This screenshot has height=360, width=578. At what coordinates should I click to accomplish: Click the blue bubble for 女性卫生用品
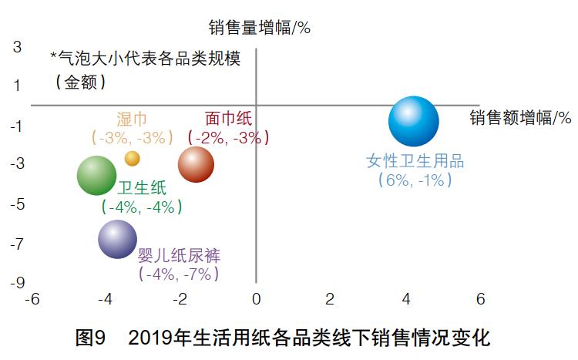pyautogui.click(x=414, y=122)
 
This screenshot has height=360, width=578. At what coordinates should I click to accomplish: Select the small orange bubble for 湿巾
pyautogui.click(x=133, y=158)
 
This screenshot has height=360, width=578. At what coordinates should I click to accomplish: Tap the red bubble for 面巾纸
pyautogui.click(x=196, y=163)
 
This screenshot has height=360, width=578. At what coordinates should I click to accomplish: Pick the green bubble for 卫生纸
pyautogui.click(x=97, y=175)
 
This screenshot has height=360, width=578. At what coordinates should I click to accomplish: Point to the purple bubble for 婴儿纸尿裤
pyautogui.click(x=118, y=239)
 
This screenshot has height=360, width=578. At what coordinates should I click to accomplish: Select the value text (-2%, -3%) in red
pyautogui.click(x=229, y=138)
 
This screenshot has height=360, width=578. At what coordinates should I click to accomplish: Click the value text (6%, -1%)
pyautogui.click(x=415, y=180)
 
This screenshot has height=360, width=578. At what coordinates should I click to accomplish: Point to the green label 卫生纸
pyautogui.click(x=141, y=188)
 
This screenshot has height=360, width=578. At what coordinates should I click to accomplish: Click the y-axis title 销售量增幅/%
pyautogui.click(x=259, y=29)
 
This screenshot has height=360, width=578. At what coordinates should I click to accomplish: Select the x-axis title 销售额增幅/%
pyautogui.click(x=520, y=118)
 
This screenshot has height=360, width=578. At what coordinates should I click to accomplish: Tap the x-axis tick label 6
pyautogui.click(x=479, y=299)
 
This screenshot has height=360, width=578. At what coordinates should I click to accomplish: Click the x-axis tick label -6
pyautogui.click(x=32, y=299)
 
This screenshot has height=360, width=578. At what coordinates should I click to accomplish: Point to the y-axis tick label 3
pyautogui.click(x=17, y=47)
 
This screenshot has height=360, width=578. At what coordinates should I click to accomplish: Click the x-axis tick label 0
pyautogui.click(x=256, y=299)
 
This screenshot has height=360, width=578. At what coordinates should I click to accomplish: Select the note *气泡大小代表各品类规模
pyautogui.click(x=145, y=59)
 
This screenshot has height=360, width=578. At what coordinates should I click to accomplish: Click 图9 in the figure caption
pyautogui.click(x=92, y=338)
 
